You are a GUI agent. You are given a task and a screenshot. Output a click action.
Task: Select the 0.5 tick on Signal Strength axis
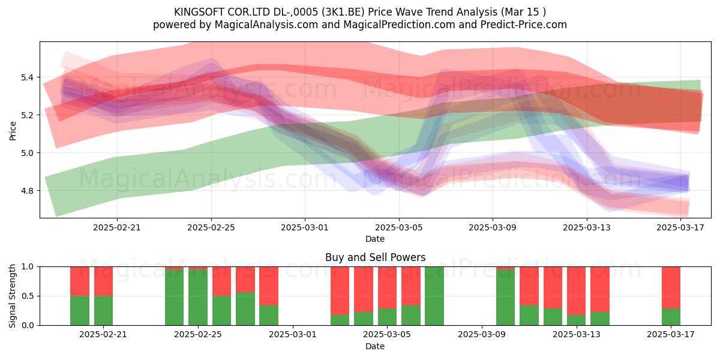tap(28, 296)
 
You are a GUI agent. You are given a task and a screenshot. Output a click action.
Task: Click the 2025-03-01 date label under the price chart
tap(305, 227)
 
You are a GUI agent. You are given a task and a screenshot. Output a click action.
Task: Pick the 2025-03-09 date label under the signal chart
tap(481, 335)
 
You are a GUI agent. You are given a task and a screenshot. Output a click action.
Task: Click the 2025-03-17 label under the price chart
tap(680, 227)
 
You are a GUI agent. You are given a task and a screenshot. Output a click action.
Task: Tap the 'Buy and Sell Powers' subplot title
tap(375, 257)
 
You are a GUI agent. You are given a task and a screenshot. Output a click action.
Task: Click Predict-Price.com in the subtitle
tap(524, 25)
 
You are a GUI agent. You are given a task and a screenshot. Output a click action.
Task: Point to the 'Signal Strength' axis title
tap(12, 296)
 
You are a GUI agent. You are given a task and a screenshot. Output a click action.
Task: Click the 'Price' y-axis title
tap(13, 131)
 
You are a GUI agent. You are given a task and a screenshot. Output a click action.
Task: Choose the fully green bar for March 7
tap(434, 296)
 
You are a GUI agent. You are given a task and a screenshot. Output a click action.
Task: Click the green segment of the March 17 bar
tap(671, 317)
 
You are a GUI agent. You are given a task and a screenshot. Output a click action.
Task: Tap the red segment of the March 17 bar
tap(671, 287)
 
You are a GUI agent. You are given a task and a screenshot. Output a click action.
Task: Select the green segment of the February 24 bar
tap(174, 298)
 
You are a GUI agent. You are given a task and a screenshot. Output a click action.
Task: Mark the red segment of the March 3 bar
tap(340, 291)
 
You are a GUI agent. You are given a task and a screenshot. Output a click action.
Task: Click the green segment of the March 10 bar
tap(505, 298)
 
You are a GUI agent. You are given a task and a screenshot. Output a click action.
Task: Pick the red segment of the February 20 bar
tap(103, 281)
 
